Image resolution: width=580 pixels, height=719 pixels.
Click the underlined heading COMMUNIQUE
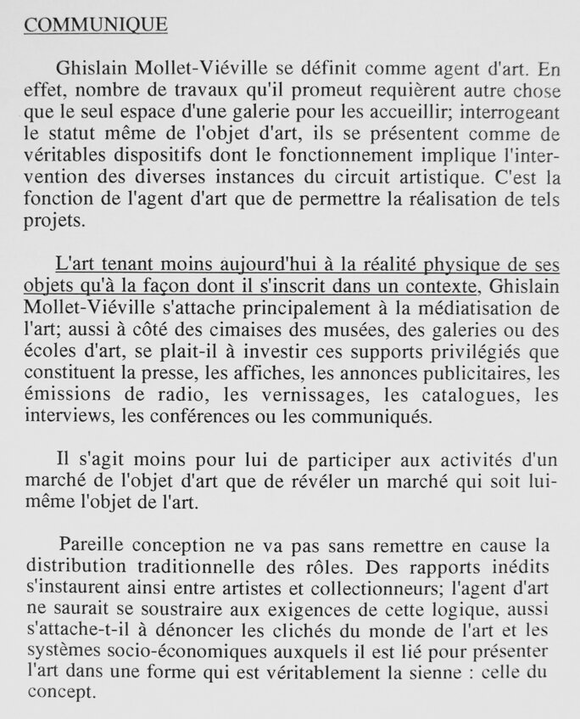click(x=96, y=25)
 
